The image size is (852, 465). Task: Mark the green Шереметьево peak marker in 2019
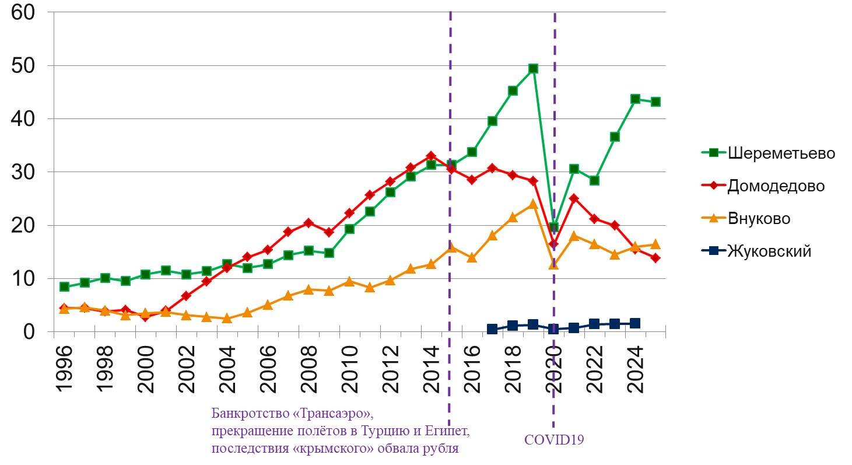532,69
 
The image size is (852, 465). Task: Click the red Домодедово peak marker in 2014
431,156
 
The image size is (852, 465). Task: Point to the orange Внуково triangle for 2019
532,204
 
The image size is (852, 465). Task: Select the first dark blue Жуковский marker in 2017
492,329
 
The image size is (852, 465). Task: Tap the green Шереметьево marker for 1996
64,286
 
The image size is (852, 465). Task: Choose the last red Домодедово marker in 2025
655,258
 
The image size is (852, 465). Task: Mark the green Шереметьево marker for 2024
635,99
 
